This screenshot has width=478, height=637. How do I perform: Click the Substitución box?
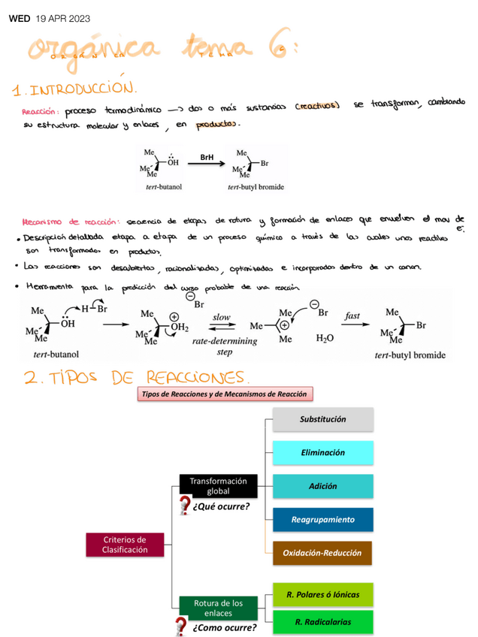(322, 419)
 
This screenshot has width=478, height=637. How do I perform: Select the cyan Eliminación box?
(322, 453)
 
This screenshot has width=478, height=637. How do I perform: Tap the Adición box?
(322, 486)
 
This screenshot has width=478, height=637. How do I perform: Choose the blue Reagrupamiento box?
(322, 519)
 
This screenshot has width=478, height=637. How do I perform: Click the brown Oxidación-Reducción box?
(322, 553)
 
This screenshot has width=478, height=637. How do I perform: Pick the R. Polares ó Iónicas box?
(322, 595)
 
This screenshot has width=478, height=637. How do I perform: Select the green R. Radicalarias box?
(322, 621)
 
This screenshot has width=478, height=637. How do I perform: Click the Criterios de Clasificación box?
(126, 545)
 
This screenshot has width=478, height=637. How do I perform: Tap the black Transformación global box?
(218, 486)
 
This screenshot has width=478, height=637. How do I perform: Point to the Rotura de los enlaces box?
(218, 608)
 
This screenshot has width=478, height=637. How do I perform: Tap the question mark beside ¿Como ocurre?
(181, 626)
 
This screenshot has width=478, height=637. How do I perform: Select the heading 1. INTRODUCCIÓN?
(75, 90)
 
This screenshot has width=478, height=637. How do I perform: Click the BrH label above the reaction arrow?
(207, 157)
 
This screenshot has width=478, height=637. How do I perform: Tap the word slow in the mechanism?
(222, 317)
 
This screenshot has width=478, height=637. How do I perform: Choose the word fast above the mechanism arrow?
(352, 316)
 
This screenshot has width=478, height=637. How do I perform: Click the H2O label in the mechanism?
(325, 339)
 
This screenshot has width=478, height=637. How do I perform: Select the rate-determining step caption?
(224, 346)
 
